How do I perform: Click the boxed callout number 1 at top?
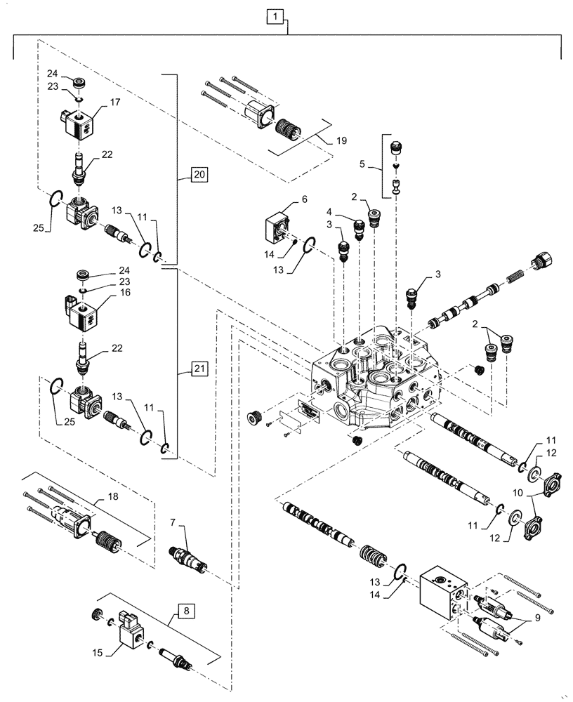tap(276, 16)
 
